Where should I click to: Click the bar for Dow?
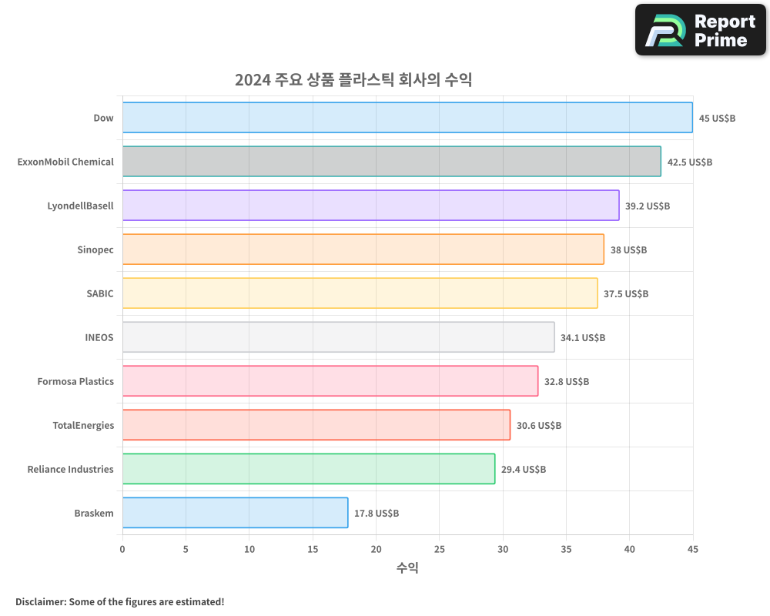[407, 118]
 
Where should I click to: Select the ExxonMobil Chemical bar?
[391, 162]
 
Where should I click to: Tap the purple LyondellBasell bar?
[370, 206]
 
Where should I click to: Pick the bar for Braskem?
[235, 513]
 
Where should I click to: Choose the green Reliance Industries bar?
[308, 469]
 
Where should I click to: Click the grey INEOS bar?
[338, 337]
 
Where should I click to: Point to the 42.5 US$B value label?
[690, 162]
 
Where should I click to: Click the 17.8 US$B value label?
[377, 514]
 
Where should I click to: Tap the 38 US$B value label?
[628, 250]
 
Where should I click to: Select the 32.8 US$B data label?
[567, 382]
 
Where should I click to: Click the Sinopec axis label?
[95, 250]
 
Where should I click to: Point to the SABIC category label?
[100, 293]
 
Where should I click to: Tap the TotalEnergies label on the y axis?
[83, 425]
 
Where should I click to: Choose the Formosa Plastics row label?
[75, 381]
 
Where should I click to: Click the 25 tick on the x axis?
[439, 549]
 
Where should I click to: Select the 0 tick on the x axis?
[122, 549]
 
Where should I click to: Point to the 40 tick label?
[629, 549]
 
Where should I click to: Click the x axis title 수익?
[407, 568]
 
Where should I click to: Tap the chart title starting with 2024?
[353, 80]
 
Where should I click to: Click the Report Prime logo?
[700, 30]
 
